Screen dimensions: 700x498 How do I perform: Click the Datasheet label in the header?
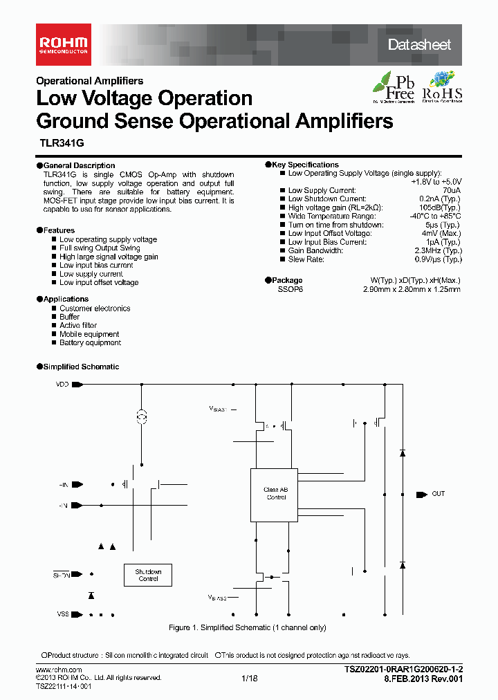tap(419, 45)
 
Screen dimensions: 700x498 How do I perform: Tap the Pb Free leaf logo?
tap(394, 87)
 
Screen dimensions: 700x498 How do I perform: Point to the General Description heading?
tap(79, 166)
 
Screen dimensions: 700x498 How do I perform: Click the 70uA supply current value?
tap(451, 190)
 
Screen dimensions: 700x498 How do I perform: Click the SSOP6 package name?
tap(290, 290)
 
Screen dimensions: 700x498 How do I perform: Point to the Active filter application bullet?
tap(78, 325)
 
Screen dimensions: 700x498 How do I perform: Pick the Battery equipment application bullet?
tap(90, 342)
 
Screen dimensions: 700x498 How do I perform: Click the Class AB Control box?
tap(274, 493)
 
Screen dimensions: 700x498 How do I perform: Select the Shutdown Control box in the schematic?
tap(148, 575)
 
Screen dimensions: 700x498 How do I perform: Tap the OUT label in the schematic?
tap(439, 494)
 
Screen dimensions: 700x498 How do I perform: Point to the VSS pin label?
tap(62, 614)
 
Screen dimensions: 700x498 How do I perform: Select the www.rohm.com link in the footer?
tap(59, 671)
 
